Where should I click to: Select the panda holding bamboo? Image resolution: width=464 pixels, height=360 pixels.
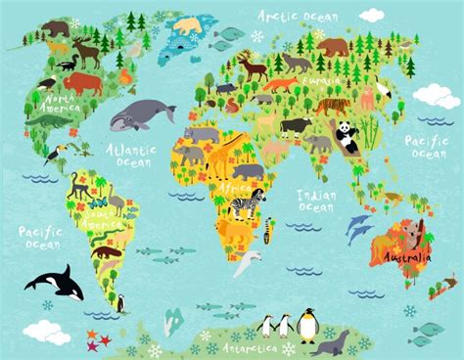click(x=348, y=136)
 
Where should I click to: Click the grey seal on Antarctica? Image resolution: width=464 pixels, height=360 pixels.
click(x=336, y=342)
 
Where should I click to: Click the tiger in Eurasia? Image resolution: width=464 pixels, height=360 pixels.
click(x=333, y=104)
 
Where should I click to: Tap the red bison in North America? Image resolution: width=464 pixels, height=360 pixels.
click(x=84, y=82)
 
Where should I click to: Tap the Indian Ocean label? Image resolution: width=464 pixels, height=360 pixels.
click(x=318, y=201)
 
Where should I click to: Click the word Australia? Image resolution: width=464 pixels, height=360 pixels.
click(x=405, y=257)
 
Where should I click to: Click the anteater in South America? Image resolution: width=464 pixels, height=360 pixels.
click(x=105, y=251)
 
